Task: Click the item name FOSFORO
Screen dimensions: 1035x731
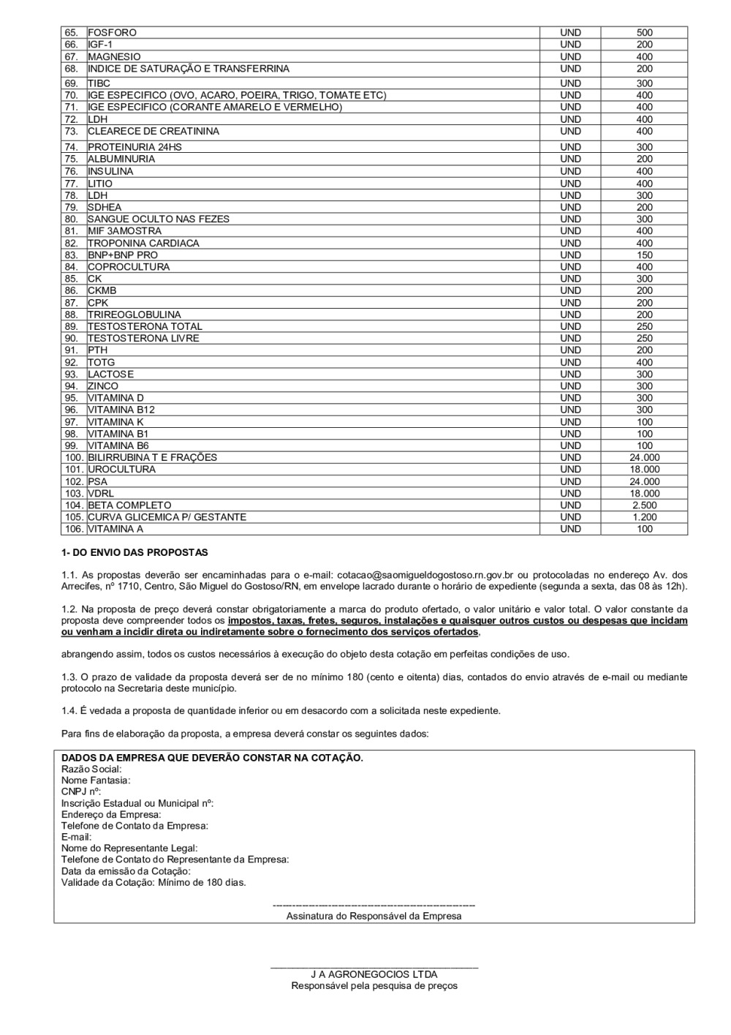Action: tap(112, 33)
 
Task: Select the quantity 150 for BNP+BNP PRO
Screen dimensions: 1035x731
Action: tap(644, 255)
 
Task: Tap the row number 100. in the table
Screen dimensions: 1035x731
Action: tap(74, 458)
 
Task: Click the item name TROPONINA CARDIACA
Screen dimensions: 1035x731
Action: tap(143, 244)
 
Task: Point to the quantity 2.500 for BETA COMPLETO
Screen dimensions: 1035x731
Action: tap(644, 505)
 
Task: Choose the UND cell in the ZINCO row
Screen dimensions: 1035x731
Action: tap(570, 386)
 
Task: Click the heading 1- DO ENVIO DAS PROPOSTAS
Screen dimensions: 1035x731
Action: tap(135, 553)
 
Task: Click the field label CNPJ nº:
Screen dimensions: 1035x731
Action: tap(81, 791)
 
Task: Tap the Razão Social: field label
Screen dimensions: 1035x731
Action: tap(91, 769)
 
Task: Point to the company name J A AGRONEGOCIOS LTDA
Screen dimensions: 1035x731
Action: tap(374, 974)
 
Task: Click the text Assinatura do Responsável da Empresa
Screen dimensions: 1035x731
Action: tap(374, 916)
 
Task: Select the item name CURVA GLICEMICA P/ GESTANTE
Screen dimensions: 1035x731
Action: tap(167, 517)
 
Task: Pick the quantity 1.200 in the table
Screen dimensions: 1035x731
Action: tap(644, 517)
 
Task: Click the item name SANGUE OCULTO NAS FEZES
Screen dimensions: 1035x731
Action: tap(159, 219)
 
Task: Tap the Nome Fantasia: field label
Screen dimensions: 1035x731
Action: tap(96, 780)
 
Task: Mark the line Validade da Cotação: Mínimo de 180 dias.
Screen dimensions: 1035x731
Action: tap(154, 882)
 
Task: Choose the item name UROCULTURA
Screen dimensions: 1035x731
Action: tap(121, 470)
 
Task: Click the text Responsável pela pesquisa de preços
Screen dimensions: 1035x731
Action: tap(374, 986)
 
